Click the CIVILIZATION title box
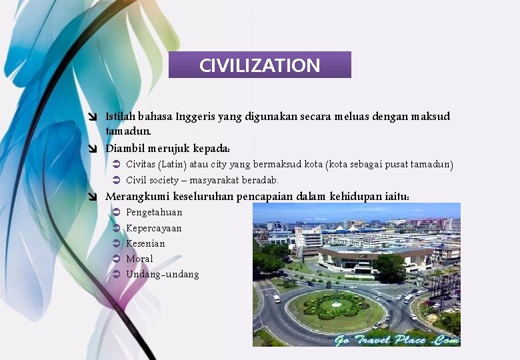(260, 65)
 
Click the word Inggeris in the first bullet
(195, 117)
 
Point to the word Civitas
(141, 164)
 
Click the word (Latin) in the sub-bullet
(172, 164)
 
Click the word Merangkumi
(137, 197)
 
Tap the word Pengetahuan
(154, 212)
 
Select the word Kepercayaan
(154, 228)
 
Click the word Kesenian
(145, 243)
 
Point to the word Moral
(139, 259)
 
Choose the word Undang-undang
(163, 275)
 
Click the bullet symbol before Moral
(115, 259)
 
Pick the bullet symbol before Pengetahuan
(115, 212)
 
